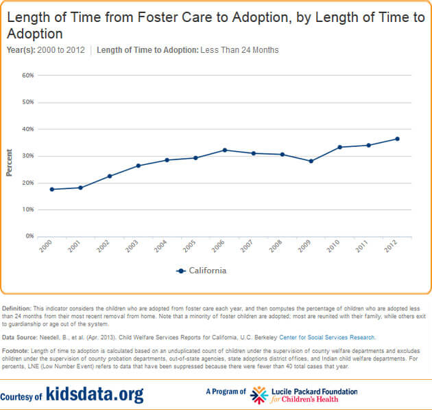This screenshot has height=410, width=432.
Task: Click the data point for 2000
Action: point(52,189)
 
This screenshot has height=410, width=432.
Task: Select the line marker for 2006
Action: point(224,150)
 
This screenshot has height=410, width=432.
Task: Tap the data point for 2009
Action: point(311,161)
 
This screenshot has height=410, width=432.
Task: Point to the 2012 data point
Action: point(397,139)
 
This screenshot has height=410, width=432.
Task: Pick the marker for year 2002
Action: point(110,176)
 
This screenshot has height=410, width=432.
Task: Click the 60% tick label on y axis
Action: point(27,75)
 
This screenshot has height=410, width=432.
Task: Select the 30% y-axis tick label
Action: point(27,155)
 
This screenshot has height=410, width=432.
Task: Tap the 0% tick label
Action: point(29,236)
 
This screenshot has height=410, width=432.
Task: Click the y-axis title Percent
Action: point(10,163)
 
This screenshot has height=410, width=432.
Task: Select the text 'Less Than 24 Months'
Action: point(239,50)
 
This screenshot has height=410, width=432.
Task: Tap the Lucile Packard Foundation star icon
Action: point(259,395)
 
